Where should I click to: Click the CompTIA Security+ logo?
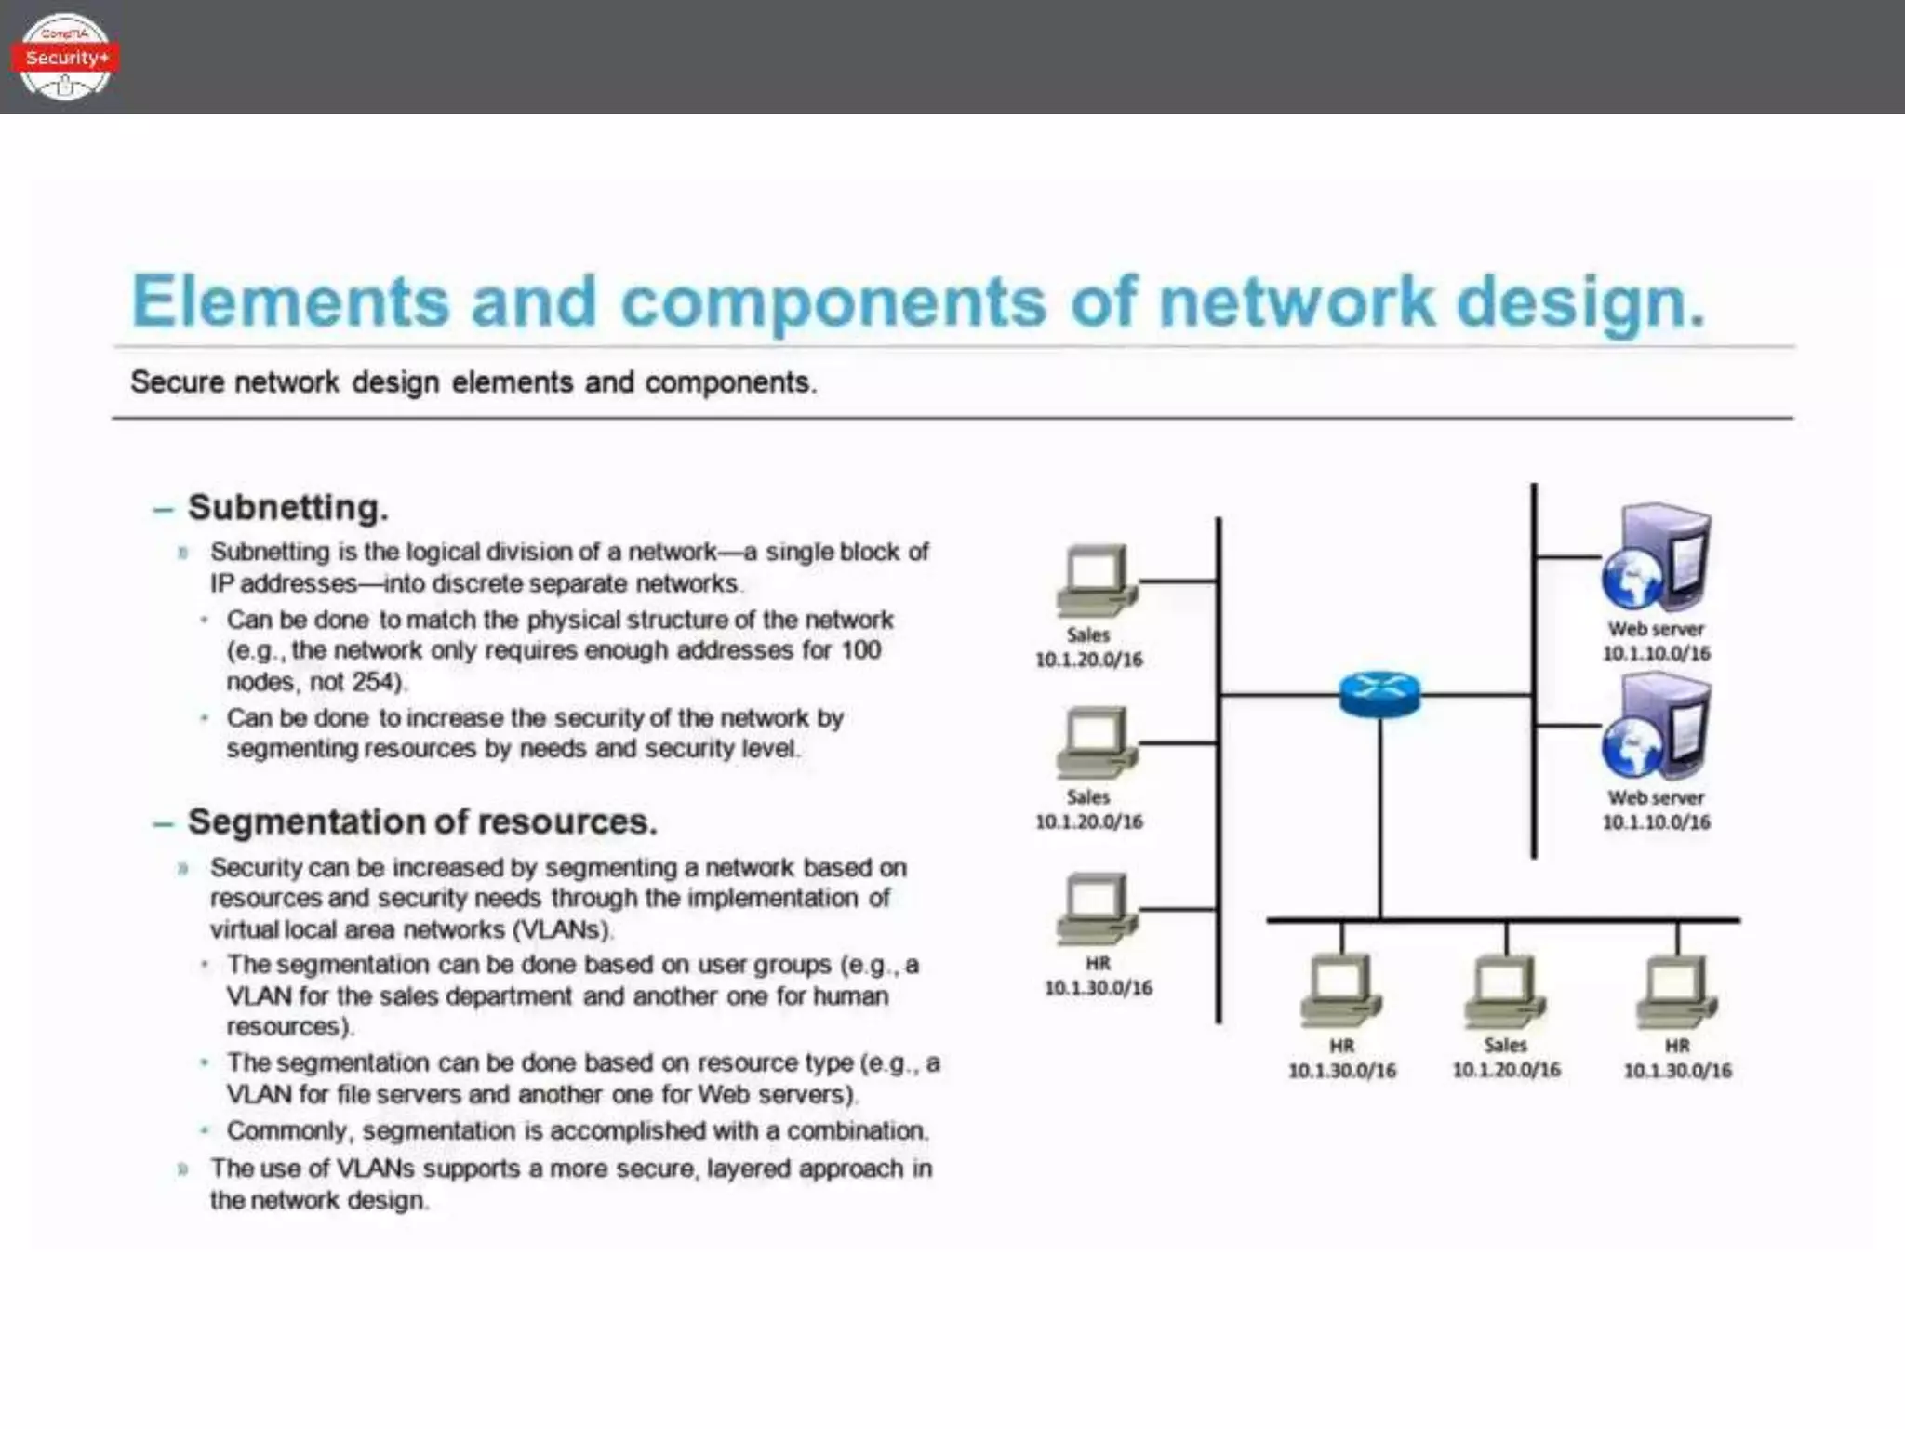coord(65,57)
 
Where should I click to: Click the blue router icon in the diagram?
coord(1379,693)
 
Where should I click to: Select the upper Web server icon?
coord(1656,558)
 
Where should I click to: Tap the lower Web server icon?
coord(1656,728)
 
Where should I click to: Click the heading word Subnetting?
coord(288,508)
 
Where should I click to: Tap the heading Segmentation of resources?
coord(422,822)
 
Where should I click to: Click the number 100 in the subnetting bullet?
coord(860,650)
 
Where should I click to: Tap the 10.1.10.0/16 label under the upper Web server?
coord(1656,653)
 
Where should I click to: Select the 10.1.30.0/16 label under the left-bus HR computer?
coord(1098,987)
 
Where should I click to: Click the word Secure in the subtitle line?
coord(177,382)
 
